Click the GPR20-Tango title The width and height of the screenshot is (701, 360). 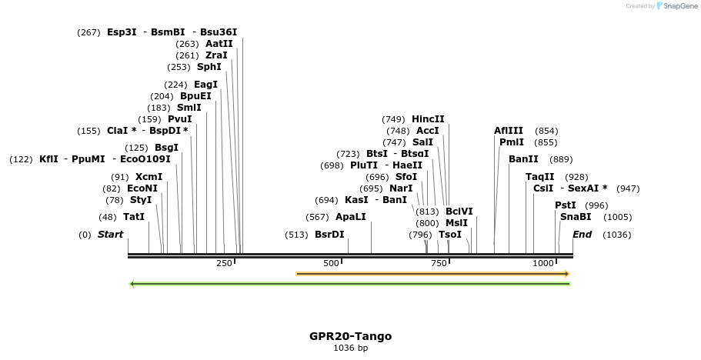pos(350,336)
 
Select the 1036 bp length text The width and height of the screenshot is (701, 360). pos(350,348)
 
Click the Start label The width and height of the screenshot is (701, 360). pos(110,235)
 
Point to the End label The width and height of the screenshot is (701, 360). pos(582,235)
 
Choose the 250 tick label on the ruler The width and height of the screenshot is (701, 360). pos(224,263)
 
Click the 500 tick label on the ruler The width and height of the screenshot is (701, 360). pos(331,263)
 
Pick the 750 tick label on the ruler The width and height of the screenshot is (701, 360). pos(439,263)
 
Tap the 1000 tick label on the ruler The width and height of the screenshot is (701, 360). pos(543,263)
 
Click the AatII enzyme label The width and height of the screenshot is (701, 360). pos(219,44)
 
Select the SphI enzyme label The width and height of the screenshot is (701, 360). pos(209,67)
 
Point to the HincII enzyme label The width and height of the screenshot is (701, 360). pos(428,119)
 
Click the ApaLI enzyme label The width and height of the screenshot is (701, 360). pos(351,217)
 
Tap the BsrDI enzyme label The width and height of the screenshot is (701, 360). pos(329,235)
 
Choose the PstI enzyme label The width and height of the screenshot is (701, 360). pos(566,205)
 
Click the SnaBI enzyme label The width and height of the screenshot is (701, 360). pos(576,217)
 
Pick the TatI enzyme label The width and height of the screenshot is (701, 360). pos(134,217)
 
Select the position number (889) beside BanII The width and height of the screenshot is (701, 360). pos(561,159)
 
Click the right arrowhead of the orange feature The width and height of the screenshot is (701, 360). pos(566,273)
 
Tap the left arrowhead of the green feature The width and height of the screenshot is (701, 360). pos(132,284)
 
